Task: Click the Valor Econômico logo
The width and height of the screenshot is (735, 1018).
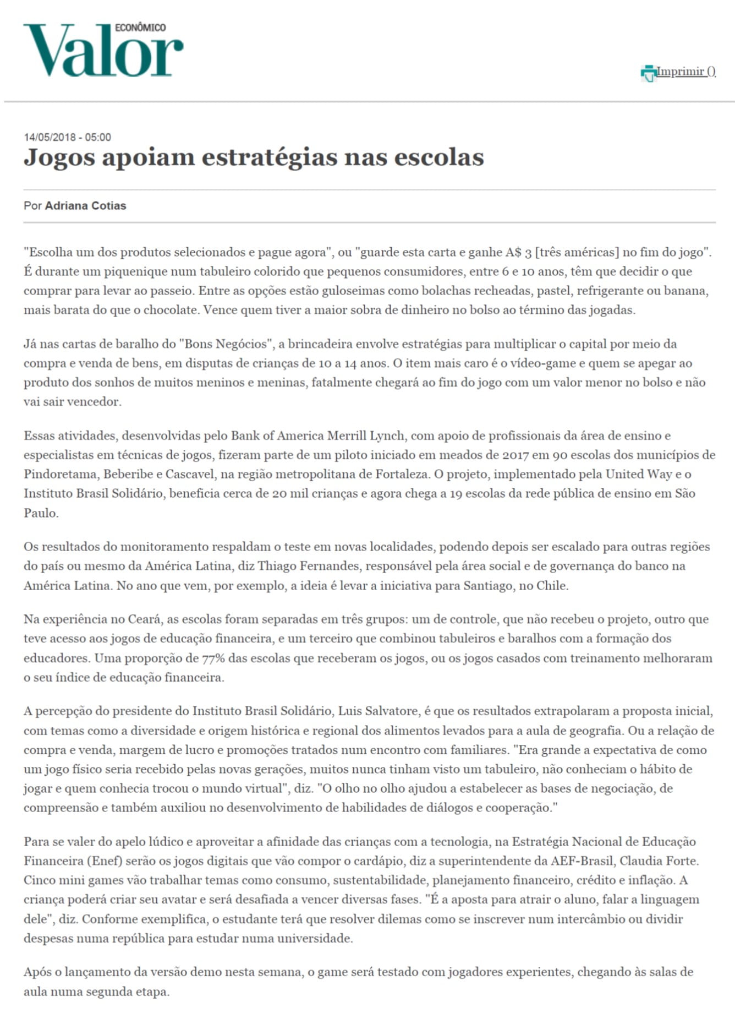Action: [103, 50]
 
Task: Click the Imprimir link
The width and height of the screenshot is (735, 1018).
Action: [681, 72]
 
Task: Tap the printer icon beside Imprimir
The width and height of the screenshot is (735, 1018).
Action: [649, 73]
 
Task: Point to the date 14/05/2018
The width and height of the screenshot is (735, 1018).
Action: [51, 137]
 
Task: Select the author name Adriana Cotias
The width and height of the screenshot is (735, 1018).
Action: [85, 206]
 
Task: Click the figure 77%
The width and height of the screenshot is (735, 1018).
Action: [213, 658]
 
